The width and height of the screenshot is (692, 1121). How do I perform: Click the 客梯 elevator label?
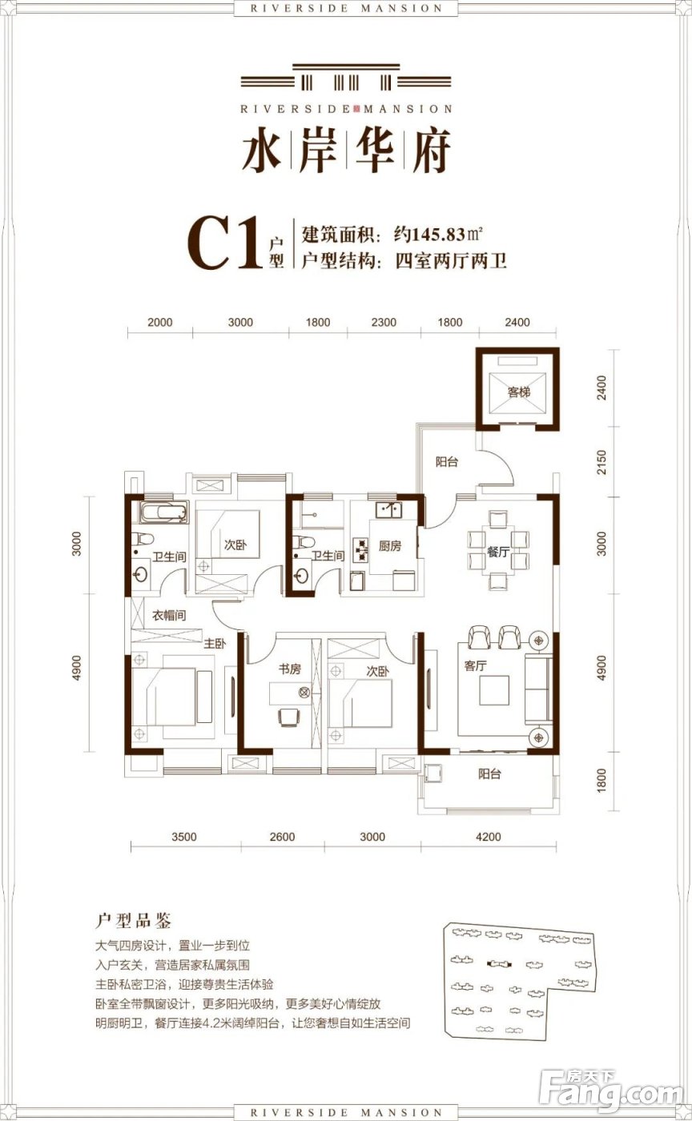[519, 392]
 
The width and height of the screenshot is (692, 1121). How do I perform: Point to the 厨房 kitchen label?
[389, 546]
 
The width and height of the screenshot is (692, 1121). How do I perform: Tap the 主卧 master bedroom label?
[214, 642]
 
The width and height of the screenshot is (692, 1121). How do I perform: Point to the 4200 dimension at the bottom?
[488, 837]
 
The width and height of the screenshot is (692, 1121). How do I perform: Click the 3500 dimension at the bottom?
[183, 837]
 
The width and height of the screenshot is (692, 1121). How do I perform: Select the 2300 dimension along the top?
[384, 323]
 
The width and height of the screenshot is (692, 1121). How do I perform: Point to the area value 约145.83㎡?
[438, 235]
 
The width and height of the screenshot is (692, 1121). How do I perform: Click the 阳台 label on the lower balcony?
[489, 774]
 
